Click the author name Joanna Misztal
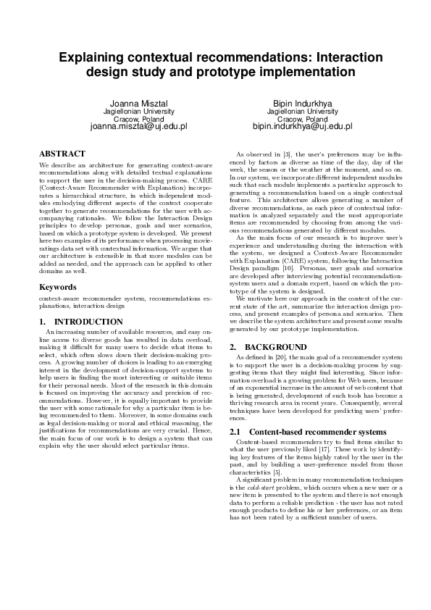pyautogui.click(x=138, y=104)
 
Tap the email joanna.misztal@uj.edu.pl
pyautogui.click(x=138, y=126)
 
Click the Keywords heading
pyautogui.click(x=57, y=287)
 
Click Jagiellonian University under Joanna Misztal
pyautogui.click(x=138, y=112)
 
